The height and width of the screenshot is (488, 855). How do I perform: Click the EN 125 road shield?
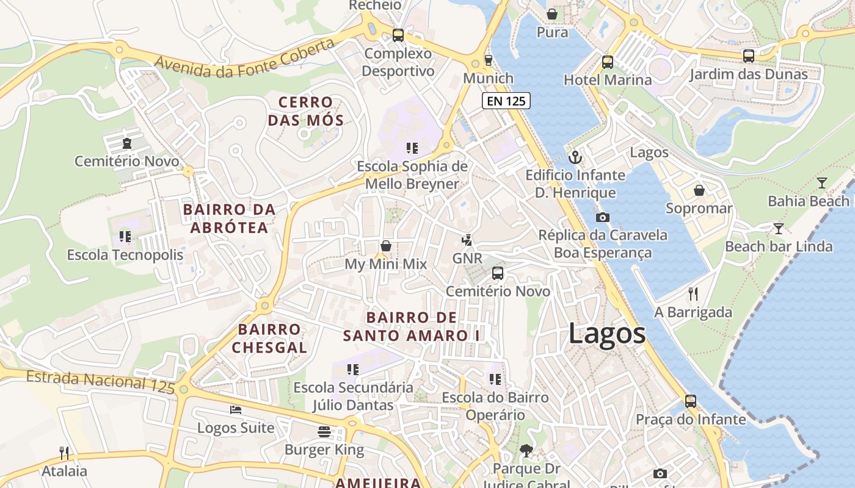(506, 101)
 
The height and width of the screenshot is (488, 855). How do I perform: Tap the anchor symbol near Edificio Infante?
(575, 158)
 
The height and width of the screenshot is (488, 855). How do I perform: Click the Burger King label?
(324, 450)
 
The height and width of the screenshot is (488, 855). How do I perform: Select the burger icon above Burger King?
(324, 432)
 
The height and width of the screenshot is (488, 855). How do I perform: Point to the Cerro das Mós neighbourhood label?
(305, 111)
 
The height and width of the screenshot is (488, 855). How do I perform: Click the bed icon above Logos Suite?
(236, 410)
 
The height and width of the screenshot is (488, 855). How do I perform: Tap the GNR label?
(467, 258)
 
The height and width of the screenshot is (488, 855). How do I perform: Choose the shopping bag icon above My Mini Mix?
(386, 246)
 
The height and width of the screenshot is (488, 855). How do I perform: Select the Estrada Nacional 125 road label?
(101, 381)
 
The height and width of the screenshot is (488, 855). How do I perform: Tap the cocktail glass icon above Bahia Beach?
(822, 183)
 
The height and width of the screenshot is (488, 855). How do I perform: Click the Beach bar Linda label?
(779, 246)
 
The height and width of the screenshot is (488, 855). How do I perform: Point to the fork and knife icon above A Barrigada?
(693, 294)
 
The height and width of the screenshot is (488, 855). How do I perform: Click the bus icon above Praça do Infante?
(691, 401)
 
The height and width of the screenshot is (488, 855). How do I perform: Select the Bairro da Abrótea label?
(229, 219)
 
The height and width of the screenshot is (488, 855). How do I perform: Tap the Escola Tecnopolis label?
(125, 255)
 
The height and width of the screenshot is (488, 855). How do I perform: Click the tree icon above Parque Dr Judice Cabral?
(526, 451)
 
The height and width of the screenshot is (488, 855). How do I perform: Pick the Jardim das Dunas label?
(749, 74)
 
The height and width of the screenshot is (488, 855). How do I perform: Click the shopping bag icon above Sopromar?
(699, 190)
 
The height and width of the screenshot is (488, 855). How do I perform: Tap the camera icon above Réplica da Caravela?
(603, 217)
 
